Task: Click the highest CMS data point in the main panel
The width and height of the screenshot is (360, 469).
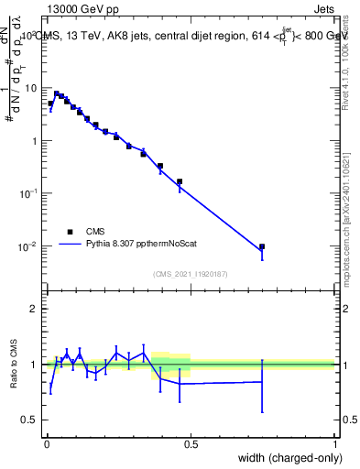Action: coord(56,93)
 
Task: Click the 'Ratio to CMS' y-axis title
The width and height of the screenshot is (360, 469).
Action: coord(14,364)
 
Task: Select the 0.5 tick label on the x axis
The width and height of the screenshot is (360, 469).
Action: coord(191,444)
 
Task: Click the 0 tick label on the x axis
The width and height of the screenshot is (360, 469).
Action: coord(47,444)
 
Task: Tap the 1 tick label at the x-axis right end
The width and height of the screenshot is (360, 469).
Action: coord(335,444)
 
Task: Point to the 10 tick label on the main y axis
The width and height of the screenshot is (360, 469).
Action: coord(33,88)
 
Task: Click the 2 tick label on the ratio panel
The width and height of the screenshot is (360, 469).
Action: coord(37,309)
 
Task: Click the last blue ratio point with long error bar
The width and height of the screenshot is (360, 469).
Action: coord(262,382)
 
